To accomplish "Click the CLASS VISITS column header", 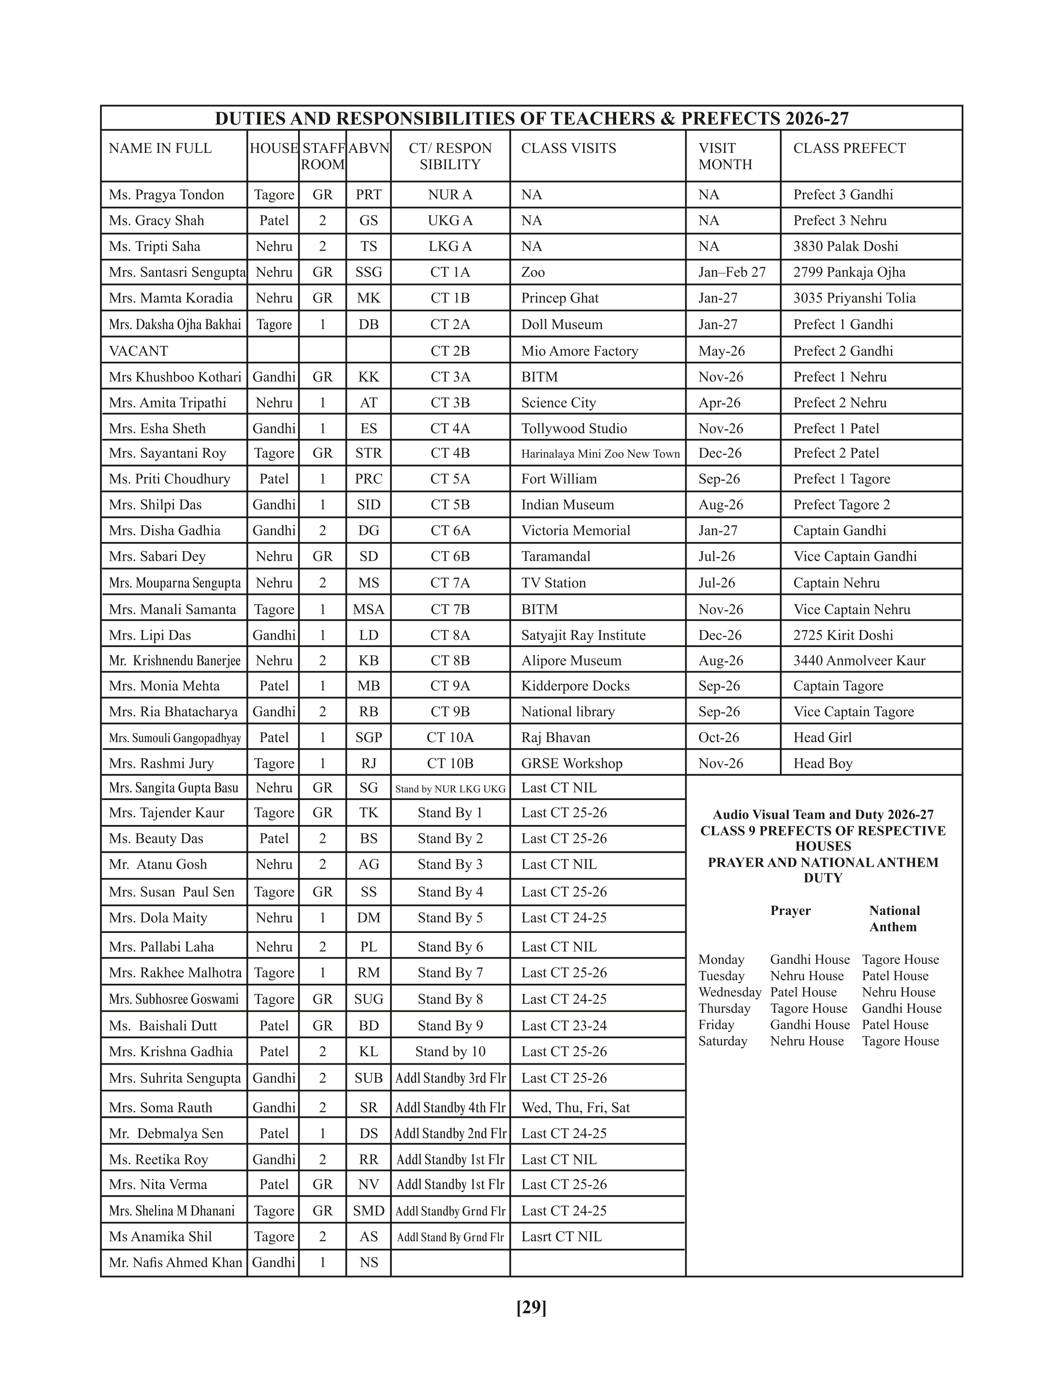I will tap(568, 149).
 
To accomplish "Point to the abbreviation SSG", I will tap(369, 272).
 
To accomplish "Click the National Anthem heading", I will tap(894, 919).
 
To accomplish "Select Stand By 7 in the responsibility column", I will tap(450, 972).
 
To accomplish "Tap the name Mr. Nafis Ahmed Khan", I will tap(175, 1262).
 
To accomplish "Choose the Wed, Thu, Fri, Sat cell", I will tap(575, 1107).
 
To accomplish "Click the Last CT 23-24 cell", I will tap(564, 1025).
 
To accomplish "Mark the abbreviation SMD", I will tap(369, 1211).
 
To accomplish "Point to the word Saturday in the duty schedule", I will tap(722, 1041).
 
